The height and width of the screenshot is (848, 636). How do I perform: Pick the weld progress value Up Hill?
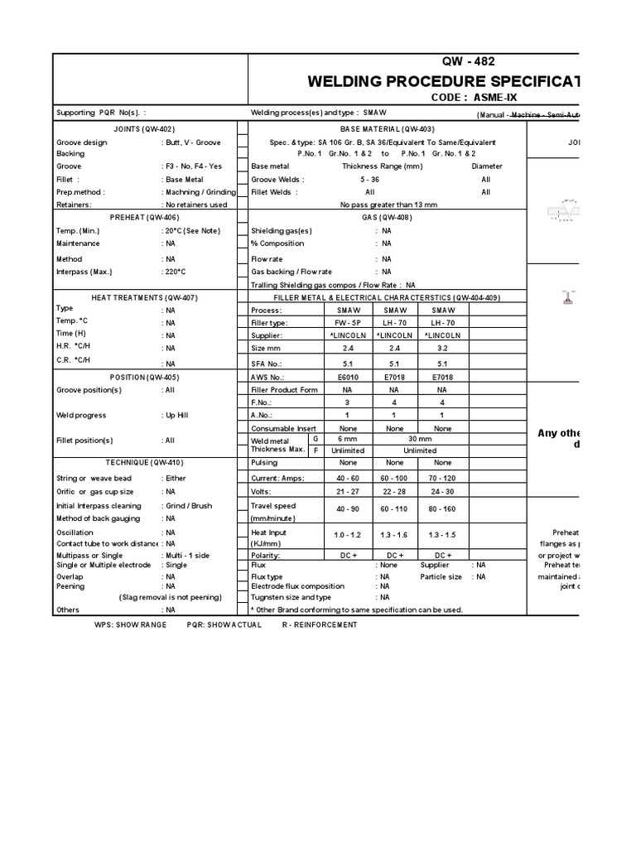(180, 416)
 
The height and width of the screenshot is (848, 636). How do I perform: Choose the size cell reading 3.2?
(442, 349)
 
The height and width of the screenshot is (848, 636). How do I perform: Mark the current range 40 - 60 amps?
(347, 479)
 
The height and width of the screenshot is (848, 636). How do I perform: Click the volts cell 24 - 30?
(442, 492)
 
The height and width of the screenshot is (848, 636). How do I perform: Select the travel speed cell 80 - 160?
(442, 510)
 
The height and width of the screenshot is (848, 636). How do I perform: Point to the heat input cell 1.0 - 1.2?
(347, 537)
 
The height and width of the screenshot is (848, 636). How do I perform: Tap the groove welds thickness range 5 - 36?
(369, 180)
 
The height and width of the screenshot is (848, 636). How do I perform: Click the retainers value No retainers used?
(195, 205)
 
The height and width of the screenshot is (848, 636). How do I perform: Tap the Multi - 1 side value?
(186, 555)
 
